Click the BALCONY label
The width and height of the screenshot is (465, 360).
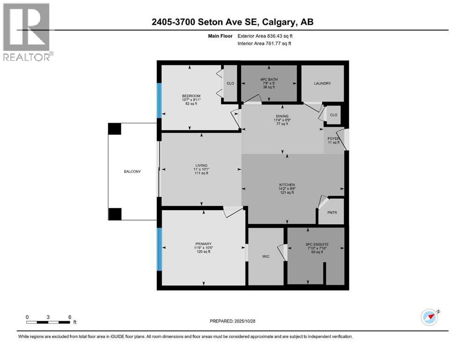pyautogui.click(x=132, y=172)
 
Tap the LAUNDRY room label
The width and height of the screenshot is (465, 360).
pyautogui.click(x=322, y=83)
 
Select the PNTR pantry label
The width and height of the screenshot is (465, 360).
pyautogui.click(x=332, y=212)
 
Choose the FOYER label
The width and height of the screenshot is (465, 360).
pyautogui.click(x=333, y=139)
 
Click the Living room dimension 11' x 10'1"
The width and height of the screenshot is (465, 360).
pyautogui.click(x=201, y=169)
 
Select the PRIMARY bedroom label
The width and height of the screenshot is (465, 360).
pyautogui.click(x=203, y=244)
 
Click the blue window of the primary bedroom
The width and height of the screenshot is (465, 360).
pyautogui.click(x=159, y=249)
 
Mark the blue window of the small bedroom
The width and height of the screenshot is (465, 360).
pyautogui.click(x=159, y=100)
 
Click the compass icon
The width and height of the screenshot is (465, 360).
pyautogui.click(x=429, y=317)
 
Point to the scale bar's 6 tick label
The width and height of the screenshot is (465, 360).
pyautogui.click(x=69, y=317)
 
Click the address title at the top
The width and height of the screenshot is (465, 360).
pyautogui.click(x=232, y=22)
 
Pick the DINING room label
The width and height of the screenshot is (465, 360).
pyautogui.click(x=282, y=116)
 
